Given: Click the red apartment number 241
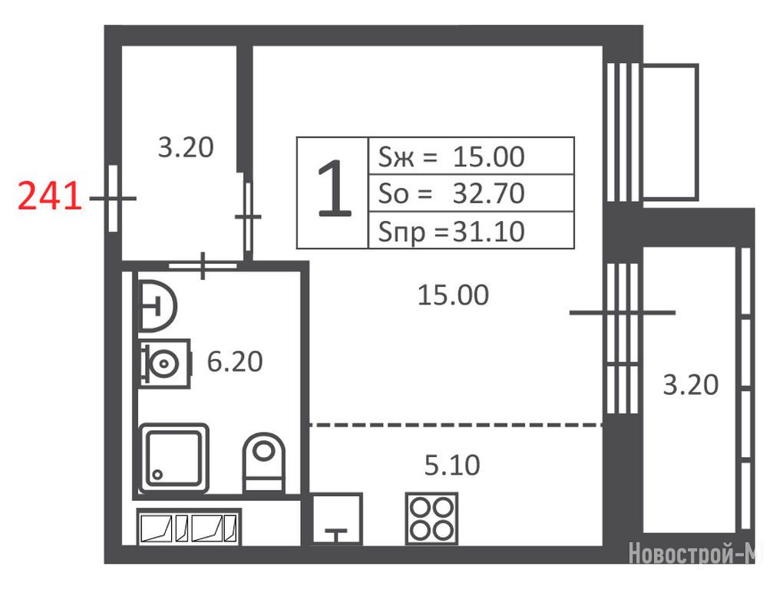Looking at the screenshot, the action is pyautogui.click(x=50, y=196).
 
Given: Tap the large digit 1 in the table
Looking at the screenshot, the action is pyautogui.click(x=334, y=189).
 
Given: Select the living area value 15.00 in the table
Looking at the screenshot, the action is pyautogui.click(x=488, y=157).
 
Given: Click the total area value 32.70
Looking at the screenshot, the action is pyautogui.click(x=488, y=193).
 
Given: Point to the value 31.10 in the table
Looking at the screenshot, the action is pyautogui.click(x=488, y=232).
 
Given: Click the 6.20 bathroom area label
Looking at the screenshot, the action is pyautogui.click(x=235, y=362).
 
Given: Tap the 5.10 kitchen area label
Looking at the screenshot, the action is pyautogui.click(x=452, y=466).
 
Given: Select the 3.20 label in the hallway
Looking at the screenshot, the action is pyautogui.click(x=186, y=147).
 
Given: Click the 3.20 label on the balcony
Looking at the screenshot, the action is pyautogui.click(x=691, y=385).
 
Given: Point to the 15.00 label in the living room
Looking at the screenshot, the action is pyautogui.click(x=453, y=295).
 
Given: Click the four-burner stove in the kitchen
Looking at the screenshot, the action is pyautogui.click(x=432, y=518).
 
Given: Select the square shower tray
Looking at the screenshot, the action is pyautogui.click(x=173, y=458).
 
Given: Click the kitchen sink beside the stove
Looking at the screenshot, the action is pyautogui.click(x=337, y=518).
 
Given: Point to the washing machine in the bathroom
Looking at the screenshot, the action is pyautogui.click(x=165, y=364).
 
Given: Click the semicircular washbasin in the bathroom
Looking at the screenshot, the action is pyautogui.click(x=157, y=306).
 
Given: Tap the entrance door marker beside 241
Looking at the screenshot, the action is pyautogui.click(x=113, y=198).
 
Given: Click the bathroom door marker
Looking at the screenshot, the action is pyautogui.click(x=203, y=266).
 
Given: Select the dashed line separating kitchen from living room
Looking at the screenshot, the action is pyautogui.click(x=456, y=425).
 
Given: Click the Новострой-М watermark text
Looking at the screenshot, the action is pyautogui.click(x=692, y=553).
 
